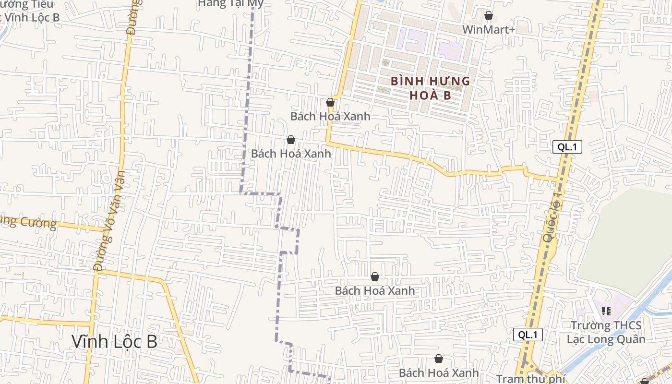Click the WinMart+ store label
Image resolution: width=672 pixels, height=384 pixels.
[x=488, y=30]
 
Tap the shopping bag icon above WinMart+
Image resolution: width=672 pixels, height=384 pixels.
[x=489, y=15]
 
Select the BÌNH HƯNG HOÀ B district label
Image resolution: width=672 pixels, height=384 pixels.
[x=430, y=88]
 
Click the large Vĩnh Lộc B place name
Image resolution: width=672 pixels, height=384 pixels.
[x=114, y=341]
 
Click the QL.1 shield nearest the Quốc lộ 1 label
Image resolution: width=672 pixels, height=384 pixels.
[x=567, y=147]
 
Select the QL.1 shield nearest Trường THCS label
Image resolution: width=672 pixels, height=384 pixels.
[x=528, y=335]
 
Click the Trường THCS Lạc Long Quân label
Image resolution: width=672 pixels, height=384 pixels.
[x=606, y=332]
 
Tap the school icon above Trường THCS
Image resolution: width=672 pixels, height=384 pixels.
[x=606, y=311]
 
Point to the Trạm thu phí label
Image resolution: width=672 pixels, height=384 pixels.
[x=530, y=379]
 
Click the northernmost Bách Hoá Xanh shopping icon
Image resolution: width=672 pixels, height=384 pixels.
[x=330, y=102]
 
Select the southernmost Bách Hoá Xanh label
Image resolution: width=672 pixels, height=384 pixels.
[x=439, y=372]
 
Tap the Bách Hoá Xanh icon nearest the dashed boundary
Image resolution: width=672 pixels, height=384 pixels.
[x=290, y=140]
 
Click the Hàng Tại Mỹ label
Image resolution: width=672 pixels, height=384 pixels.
[x=231, y=4]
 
